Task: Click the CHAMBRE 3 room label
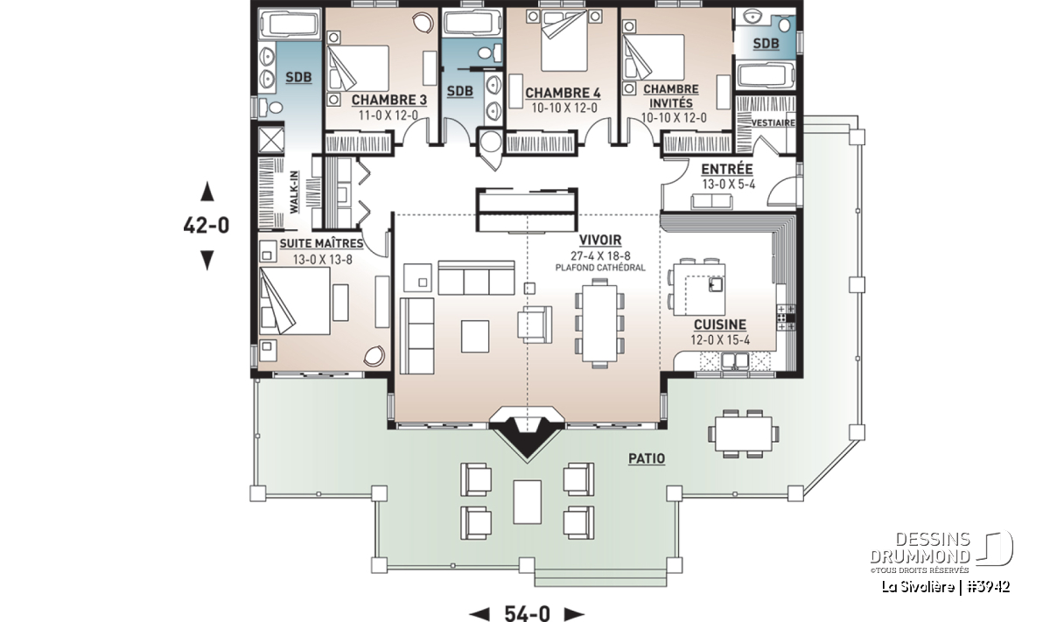(x=389, y=100)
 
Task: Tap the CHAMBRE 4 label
(x=563, y=94)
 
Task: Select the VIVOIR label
(x=600, y=240)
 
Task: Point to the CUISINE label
(x=720, y=325)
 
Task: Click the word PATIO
(x=647, y=458)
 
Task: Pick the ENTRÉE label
(x=727, y=169)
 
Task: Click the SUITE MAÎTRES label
(x=322, y=244)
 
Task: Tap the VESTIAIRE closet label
(x=773, y=122)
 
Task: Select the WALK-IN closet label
(x=294, y=192)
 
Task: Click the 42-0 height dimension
(x=206, y=226)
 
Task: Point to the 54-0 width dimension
(x=528, y=612)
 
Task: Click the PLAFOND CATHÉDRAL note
(x=600, y=268)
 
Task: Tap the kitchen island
(x=699, y=290)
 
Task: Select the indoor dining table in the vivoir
(x=599, y=324)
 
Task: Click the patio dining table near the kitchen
(x=744, y=434)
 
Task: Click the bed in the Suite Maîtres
(x=294, y=301)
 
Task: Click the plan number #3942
(x=989, y=587)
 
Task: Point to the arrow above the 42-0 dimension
(x=207, y=192)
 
